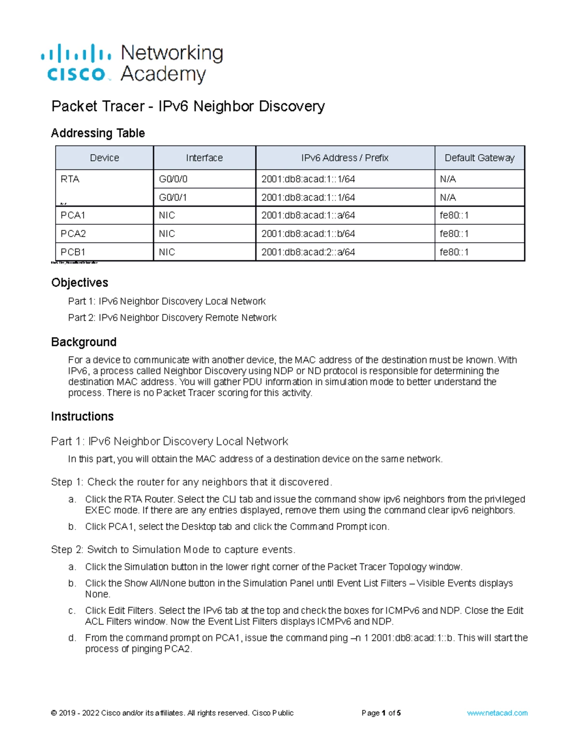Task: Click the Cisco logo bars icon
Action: pyautogui.click(x=76, y=53)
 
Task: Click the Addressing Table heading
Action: pyautogui.click(x=98, y=133)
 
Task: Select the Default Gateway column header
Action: pyautogui.click(x=479, y=158)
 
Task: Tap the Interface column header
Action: pyautogui.click(x=204, y=158)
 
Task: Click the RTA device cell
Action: pyautogui.click(x=70, y=179)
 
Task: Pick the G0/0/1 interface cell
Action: pyautogui.click(x=173, y=197)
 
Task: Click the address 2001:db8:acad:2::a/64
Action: pyautogui.click(x=308, y=252)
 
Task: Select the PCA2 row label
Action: pyautogui.click(x=73, y=234)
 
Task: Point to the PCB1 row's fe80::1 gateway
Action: pyautogui.click(x=454, y=252)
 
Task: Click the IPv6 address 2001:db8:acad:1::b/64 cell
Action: pyautogui.click(x=308, y=234)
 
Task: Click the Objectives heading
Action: pyautogui.click(x=80, y=282)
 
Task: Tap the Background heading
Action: pyautogui.click(x=84, y=342)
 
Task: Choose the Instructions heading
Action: pyautogui.click(x=82, y=416)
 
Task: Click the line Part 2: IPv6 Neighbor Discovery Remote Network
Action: pyautogui.click(x=172, y=318)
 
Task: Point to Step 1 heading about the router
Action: pyautogui.click(x=191, y=482)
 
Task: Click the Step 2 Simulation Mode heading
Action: pyautogui.click(x=173, y=550)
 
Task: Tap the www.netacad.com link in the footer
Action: pyautogui.click(x=497, y=713)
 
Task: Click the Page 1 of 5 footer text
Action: pyautogui.click(x=381, y=713)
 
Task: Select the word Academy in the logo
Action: pyautogui.click(x=163, y=74)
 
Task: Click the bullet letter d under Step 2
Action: pyautogui.click(x=72, y=638)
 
